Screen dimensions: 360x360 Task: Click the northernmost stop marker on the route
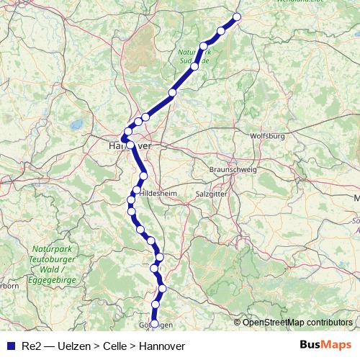coord(237,17)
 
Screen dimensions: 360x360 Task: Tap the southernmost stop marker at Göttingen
coord(154,324)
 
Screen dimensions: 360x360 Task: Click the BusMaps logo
coord(325,346)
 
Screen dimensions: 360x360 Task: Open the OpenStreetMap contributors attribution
coord(297,323)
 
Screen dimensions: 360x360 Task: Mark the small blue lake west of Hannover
coord(76,125)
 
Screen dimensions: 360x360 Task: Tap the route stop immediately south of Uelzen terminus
coord(221,31)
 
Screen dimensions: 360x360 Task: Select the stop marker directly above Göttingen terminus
coord(156,305)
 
